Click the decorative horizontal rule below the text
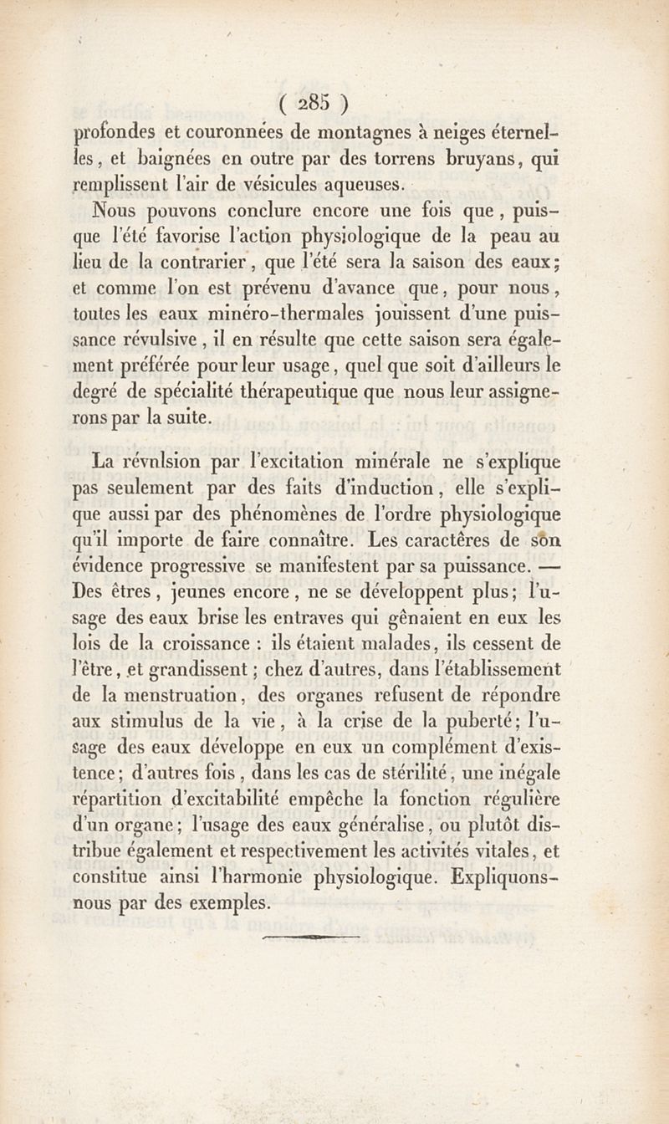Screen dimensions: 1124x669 pyautogui.click(x=310, y=938)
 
